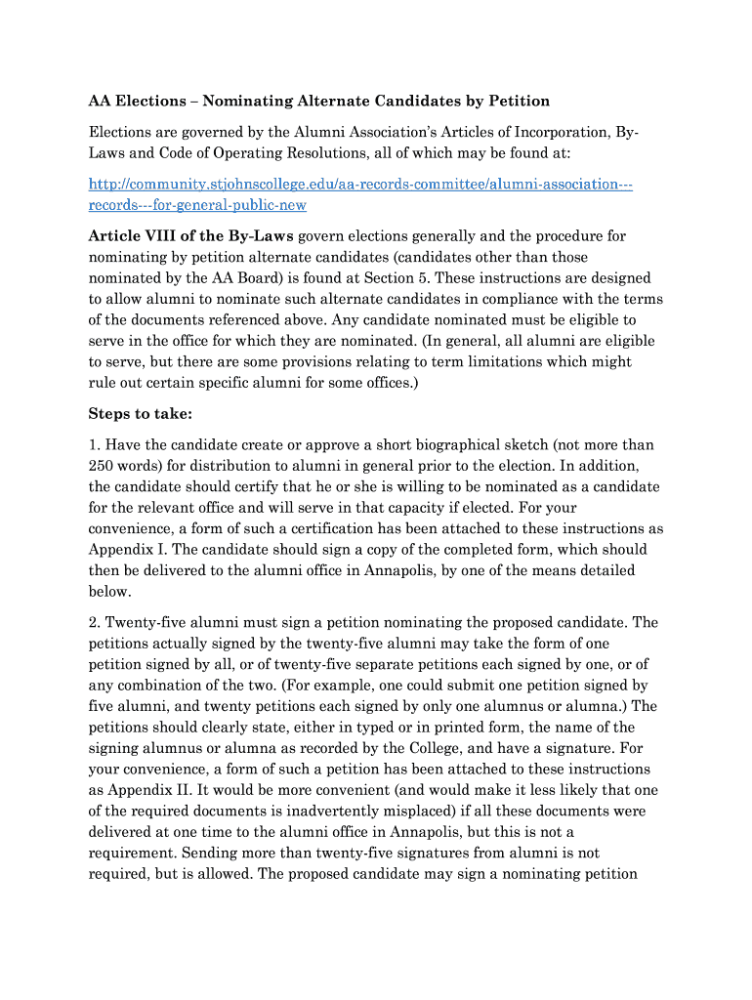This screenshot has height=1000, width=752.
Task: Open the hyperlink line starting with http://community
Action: pos(360,184)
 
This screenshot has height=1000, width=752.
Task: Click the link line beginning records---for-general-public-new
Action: pos(197,205)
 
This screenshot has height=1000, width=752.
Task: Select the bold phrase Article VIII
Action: pos(133,236)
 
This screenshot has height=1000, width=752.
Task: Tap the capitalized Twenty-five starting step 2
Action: pos(147,622)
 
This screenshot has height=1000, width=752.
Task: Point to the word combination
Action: pos(162,686)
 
